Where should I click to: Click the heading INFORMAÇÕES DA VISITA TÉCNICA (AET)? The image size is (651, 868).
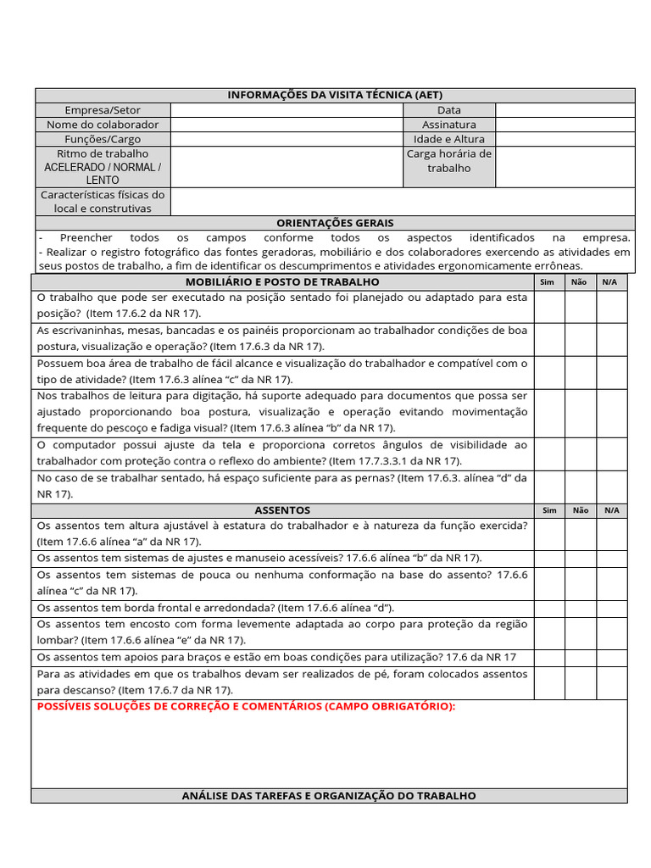[x=335, y=95]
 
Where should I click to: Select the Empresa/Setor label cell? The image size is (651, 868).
[x=103, y=110]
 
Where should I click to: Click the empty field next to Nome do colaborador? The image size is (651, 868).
[x=287, y=125]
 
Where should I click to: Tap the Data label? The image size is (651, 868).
[x=449, y=110]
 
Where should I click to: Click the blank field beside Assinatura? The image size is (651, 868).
[x=565, y=125]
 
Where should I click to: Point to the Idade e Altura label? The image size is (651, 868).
[x=449, y=139]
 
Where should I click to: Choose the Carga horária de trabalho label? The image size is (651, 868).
[x=449, y=161]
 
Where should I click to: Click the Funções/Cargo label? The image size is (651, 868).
[x=103, y=139]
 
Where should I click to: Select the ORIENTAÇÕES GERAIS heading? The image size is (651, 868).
[x=335, y=223]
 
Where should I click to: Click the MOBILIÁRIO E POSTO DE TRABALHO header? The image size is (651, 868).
[x=282, y=282]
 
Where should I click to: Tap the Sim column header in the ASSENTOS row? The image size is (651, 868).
[x=549, y=510]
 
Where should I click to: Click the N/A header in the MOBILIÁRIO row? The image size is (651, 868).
[x=610, y=282]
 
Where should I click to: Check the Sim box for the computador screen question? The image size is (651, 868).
[x=549, y=453]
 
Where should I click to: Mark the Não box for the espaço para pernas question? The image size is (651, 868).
[x=580, y=486]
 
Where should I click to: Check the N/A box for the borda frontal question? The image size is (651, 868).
[x=610, y=608]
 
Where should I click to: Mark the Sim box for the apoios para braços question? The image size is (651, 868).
[x=549, y=657]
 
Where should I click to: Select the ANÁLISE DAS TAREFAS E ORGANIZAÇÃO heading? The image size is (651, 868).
[x=329, y=796]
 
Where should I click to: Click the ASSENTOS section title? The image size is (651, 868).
[x=282, y=510]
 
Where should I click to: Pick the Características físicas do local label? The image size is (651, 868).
[x=103, y=202]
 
